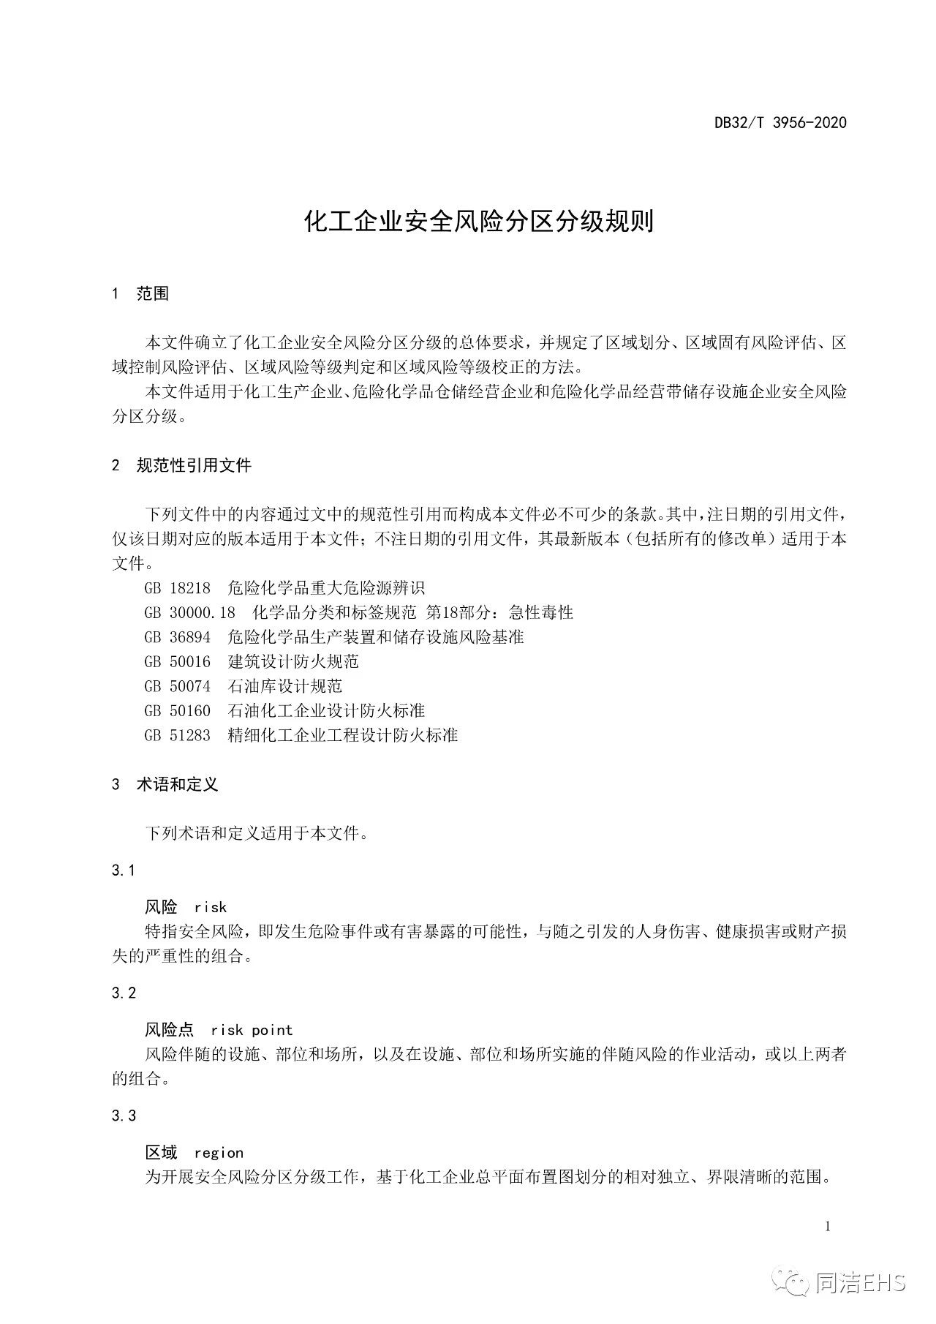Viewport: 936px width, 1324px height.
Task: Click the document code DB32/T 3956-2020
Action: point(780,123)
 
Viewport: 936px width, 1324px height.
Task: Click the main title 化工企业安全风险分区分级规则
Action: point(479,222)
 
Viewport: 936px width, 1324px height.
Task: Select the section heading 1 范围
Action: point(140,293)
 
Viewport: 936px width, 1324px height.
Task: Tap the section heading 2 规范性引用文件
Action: point(181,465)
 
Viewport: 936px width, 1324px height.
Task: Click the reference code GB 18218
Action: point(178,587)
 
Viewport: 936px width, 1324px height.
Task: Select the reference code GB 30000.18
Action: point(190,612)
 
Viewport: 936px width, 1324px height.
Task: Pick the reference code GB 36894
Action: point(178,637)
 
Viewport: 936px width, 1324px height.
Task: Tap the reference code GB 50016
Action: point(178,662)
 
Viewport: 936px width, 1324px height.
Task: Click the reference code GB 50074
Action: point(178,686)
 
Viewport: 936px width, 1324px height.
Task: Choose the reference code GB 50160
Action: point(178,711)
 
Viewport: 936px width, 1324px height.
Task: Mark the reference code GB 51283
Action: point(178,735)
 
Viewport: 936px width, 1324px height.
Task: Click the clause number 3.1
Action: point(124,870)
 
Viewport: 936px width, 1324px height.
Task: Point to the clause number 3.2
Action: point(124,993)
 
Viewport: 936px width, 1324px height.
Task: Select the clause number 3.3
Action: point(124,1116)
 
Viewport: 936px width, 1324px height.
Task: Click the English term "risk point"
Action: point(252,1030)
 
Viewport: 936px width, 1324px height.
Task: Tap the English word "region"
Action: point(219,1153)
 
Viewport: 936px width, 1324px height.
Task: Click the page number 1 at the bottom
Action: point(828,1227)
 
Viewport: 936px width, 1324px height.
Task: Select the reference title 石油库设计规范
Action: point(285,686)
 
